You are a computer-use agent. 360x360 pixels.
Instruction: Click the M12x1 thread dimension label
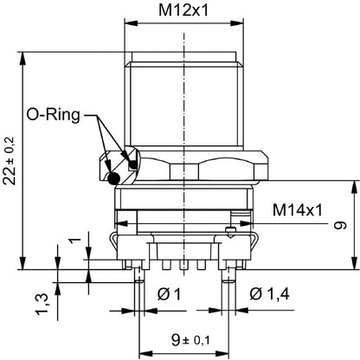pyautogui.click(x=183, y=10)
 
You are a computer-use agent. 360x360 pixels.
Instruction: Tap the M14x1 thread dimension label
pyautogui.click(x=298, y=210)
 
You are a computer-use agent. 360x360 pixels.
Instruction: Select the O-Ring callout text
pyautogui.click(x=53, y=115)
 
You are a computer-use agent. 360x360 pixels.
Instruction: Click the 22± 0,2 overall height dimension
pyautogui.click(x=10, y=160)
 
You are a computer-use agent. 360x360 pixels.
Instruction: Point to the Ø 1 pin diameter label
pyautogui.click(x=169, y=294)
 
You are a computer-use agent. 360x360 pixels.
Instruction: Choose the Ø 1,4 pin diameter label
pyautogui.click(x=269, y=294)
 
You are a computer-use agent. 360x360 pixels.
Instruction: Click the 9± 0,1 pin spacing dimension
pyautogui.click(x=190, y=340)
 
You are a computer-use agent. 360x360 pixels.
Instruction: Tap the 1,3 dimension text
pyautogui.click(x=41, y=304)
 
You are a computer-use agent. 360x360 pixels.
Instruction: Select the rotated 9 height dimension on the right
pyautogui.click(x=340, y=225)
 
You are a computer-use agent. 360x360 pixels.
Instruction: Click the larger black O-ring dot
pyautogui.click(x=113, y=178)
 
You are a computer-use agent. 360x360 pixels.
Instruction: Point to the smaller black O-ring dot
pyautogui.click(x=133, y=164)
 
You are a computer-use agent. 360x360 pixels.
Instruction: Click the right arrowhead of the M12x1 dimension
pyautogui.click(x=237, y=23)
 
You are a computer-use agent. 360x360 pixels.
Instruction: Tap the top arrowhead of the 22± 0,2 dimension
pyautogui.click(x=22, y=58)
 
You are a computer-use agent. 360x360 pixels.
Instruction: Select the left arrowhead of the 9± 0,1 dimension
pyautogui.click(x=145, y=354)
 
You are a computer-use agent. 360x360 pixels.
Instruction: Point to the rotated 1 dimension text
pyautogui.click(x=75, y=240)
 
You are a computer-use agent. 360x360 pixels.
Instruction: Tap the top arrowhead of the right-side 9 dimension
pyautogui.click(x=355, y=187)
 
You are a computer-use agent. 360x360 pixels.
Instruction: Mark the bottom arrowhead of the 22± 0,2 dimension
pyautogui.click(x=22, y=263)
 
